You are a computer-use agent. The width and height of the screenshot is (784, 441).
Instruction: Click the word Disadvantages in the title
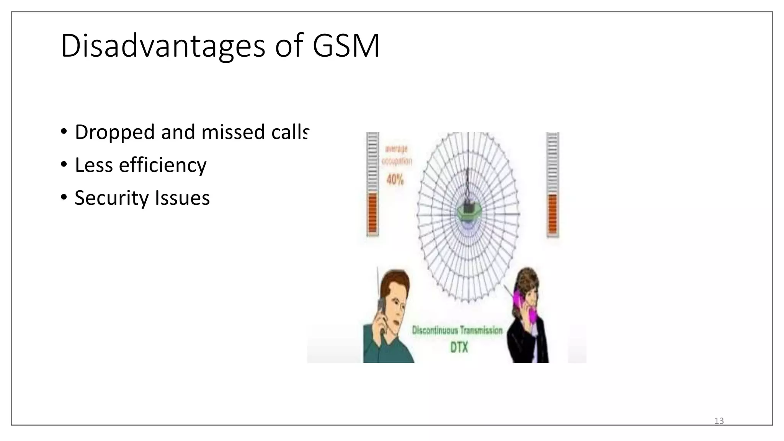pos(163,46)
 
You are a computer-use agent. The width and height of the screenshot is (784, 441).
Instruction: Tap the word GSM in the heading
pos(346,46)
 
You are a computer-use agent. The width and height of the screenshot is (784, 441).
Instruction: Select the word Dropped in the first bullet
pos(114,132)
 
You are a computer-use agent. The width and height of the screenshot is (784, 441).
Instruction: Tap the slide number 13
pos(719,421)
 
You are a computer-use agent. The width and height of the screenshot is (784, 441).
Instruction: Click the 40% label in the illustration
pos(395,180)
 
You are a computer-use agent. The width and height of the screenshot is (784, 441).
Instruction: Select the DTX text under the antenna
pos(459,348)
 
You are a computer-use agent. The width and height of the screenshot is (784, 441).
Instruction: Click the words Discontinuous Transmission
pos(457,330)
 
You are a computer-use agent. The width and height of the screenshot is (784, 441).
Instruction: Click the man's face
pos(394,302)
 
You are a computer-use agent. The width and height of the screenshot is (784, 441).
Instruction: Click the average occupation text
pos(397,155)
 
